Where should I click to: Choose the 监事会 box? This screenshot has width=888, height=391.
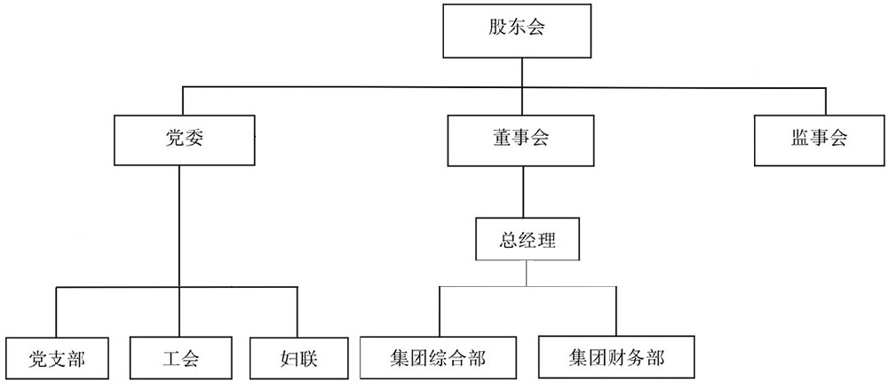pos(819,140)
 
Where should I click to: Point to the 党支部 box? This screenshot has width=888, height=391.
pos(56,359)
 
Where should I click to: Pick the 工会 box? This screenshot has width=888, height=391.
pos(181,359)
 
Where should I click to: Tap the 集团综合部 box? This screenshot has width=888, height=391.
pos(438,357)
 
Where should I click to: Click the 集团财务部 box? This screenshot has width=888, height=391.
pos(616,357)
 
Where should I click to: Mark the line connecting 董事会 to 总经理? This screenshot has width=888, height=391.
pos(523,190)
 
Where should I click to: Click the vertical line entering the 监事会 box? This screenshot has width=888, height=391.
pos(825,101)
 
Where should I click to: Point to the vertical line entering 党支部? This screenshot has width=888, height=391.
pos(56,312)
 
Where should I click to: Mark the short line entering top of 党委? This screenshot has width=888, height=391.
pos(184,101)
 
